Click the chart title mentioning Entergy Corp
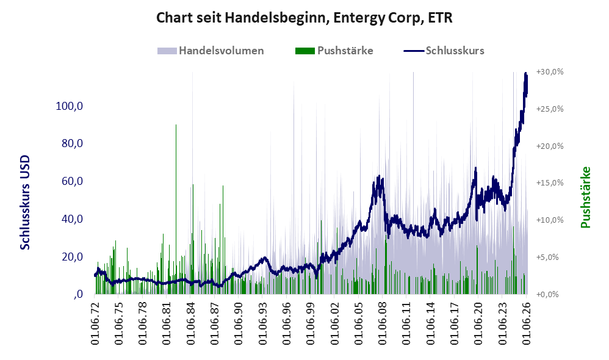coord(304,18)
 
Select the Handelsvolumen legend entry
coord(211,51)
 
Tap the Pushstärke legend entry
coord(334,51)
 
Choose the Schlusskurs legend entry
coord(444,51)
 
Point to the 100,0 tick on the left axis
coord(69,106)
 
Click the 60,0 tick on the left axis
coord(72,181)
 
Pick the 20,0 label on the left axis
coord(72,257)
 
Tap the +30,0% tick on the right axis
coord(550,72)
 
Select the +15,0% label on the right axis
coord(550,183)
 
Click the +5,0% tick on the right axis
coord(547,257)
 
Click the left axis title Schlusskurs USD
coord(25,203)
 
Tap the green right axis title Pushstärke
coord(585,197)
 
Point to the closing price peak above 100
coord(525,73)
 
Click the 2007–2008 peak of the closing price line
coord(378,177)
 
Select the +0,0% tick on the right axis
coord(547,294)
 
